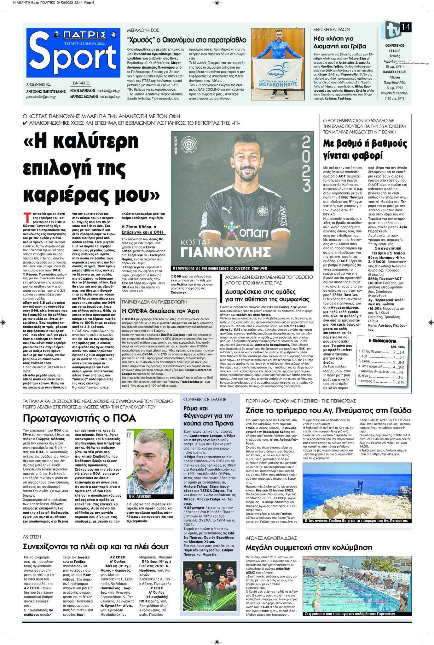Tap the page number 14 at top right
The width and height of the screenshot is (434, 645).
coord(405,27)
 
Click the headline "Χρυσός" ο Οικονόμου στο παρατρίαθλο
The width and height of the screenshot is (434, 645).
coord(187,40)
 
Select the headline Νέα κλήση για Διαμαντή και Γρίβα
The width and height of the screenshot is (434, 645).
coord(339,43)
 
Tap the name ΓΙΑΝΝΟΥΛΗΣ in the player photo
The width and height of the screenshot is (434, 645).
coord(226,252)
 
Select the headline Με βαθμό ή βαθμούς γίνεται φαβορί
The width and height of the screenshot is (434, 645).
coord(365,149)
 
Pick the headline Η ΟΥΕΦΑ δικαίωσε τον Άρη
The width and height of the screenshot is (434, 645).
coord(160,311)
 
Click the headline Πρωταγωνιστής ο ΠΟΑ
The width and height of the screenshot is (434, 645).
coord(79,418)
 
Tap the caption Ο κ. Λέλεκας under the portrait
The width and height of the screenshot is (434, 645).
coord(140,496)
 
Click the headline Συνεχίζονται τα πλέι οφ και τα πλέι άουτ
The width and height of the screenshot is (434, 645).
coord(96,546)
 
